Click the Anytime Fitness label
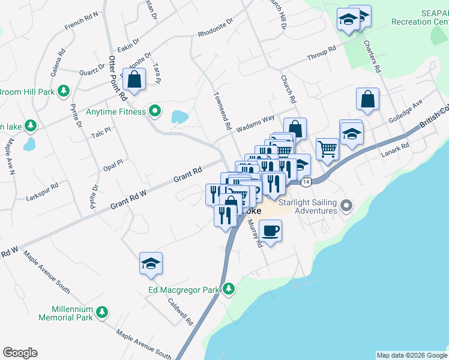(116, 112)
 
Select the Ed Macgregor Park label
(184, 290)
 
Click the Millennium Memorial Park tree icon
(103, 312)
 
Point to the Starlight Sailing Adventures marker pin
(346, 206)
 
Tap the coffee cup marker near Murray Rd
(271, 230)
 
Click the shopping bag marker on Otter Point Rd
(134, 79)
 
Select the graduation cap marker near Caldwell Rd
(151, 263)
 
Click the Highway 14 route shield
(307, 181)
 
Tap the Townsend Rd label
(221, 111)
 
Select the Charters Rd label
(372, 56)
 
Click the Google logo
(20, 353)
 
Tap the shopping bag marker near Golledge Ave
(367, 100)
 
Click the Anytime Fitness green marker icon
(155, 111)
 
